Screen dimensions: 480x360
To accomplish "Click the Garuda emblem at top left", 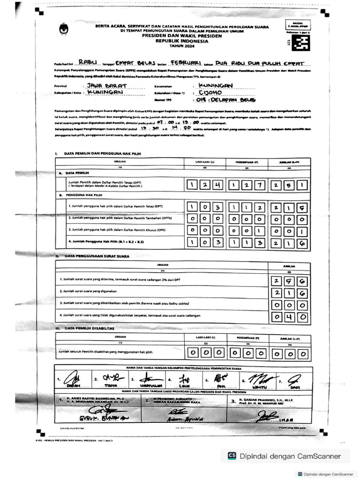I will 62,30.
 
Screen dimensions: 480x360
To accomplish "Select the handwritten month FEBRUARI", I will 185,62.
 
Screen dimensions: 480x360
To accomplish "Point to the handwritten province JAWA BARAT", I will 105,86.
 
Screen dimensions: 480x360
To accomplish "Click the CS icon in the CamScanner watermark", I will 232,456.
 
